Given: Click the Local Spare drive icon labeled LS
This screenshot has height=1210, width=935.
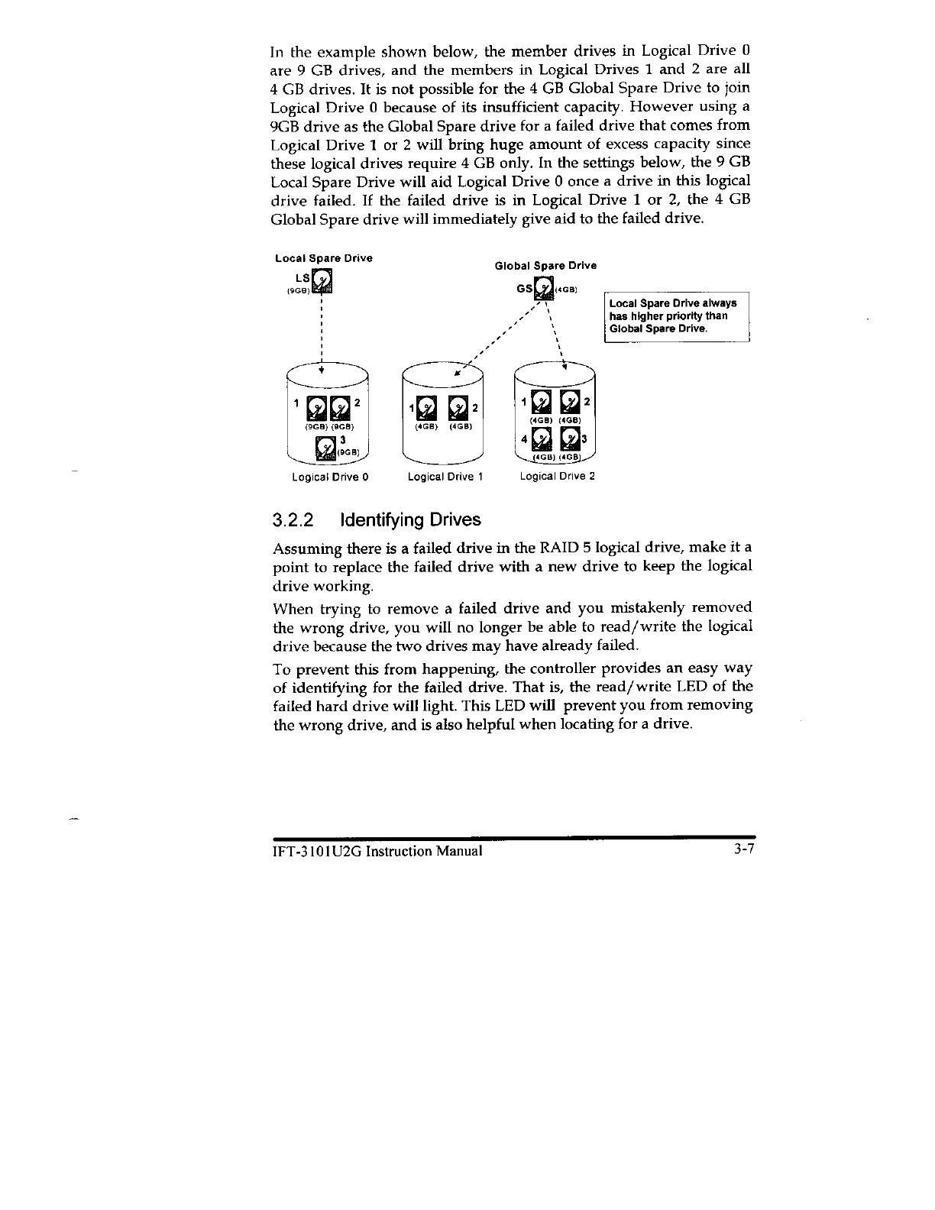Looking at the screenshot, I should click(x=324, y=282).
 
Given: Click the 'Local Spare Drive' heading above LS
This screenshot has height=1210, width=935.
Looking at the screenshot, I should click(x=324, y=257).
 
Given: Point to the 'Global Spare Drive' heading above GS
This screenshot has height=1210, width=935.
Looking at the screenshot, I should click(x=545, y=266).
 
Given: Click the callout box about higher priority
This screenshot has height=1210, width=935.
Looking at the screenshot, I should click(x=676, y=316).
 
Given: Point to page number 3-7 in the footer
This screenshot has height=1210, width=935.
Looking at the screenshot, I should click(x=741, y=852).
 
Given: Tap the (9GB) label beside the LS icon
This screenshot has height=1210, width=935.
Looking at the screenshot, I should click(x=297, y=290).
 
